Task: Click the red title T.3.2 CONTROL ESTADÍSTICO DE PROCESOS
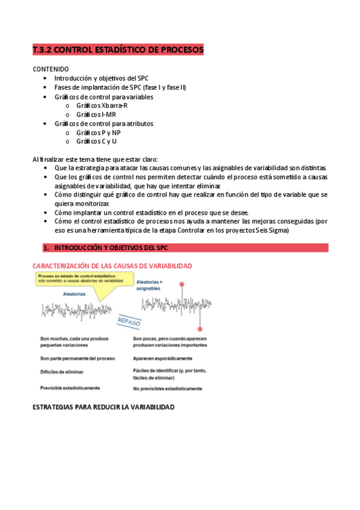click(x=118, y=49)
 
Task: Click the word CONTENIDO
click(x=50, y=69)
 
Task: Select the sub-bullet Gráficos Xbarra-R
click(x=102, y=105)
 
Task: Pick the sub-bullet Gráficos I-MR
click(x=96, y=114)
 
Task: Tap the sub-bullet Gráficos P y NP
click(x=98, y=132)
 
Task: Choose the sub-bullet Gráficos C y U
click(x=96, y=141)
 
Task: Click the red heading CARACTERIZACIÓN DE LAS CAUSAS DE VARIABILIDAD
click(x=112, y=265)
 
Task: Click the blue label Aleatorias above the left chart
click(x=73, y=294)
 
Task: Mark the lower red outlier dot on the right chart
click(x=200, y=328)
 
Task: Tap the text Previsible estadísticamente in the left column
click(x=70, y=388)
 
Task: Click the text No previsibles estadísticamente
click(x=167, y=389)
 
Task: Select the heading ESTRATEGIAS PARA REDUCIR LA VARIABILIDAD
click(x=103, y=407)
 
